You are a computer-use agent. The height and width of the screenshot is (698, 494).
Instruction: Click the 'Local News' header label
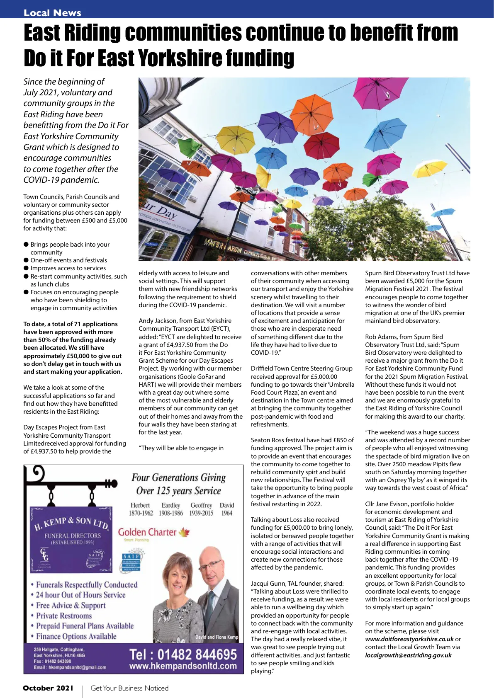52,13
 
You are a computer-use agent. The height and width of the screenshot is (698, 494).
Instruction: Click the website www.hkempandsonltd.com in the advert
183,666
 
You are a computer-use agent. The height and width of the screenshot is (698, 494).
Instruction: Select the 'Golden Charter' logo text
147,532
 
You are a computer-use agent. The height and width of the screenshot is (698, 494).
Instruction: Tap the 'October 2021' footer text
48,688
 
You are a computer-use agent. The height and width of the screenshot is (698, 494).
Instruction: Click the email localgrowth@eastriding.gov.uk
408,655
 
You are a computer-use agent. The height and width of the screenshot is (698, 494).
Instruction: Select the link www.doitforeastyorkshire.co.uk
409,639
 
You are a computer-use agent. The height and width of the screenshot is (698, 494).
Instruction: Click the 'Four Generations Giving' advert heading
178,477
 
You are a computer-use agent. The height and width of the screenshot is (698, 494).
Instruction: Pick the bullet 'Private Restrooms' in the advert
63,616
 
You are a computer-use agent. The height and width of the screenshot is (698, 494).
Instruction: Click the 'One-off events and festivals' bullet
68,260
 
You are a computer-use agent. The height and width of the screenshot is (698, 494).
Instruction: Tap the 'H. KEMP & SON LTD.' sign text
71,523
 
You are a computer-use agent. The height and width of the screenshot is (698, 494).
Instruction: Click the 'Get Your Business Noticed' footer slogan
129,688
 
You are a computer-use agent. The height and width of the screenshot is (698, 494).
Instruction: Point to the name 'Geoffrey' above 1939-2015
201,505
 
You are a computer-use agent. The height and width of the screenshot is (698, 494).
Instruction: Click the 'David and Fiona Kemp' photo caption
217,637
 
